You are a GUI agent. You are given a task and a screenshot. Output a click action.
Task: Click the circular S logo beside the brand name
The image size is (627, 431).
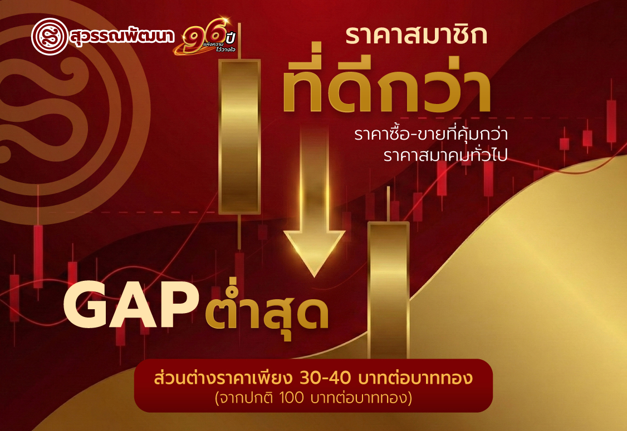point(50,37)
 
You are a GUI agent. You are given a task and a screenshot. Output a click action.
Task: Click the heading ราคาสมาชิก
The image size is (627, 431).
point(417,34)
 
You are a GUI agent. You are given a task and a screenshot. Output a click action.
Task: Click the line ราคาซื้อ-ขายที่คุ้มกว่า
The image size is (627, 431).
point(431,134)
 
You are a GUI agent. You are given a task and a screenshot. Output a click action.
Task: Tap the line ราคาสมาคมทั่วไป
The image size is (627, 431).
point(445,155)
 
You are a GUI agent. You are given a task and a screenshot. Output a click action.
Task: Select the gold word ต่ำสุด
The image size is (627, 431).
point(267,313)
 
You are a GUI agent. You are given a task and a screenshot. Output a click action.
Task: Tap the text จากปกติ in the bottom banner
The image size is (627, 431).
point(246,398)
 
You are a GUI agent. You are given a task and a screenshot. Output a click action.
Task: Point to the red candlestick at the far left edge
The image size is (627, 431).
point(14,298)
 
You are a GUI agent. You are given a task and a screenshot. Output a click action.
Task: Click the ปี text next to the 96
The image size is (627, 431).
point(230,37)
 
